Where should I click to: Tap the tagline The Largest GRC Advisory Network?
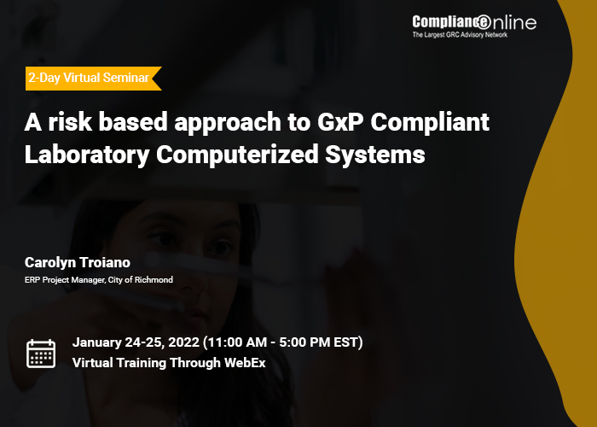(460, 35)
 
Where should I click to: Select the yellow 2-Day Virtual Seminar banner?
(93, 79)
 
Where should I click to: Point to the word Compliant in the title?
(430, 123)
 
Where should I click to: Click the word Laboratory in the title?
(87, 155)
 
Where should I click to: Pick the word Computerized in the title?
(237, 155)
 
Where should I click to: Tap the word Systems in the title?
(375, 155)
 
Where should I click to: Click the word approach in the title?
(228, 123)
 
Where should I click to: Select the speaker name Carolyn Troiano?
(78, 262)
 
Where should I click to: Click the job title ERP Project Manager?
(64, 280)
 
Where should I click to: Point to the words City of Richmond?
(141, 280)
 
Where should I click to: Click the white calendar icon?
(41, 354)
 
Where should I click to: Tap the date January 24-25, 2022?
(136, 342)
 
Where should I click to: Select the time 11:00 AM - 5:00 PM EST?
(283, 342)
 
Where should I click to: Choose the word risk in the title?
(70, 122)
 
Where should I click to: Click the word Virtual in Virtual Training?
(92, 363)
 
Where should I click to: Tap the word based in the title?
(133, 122)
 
